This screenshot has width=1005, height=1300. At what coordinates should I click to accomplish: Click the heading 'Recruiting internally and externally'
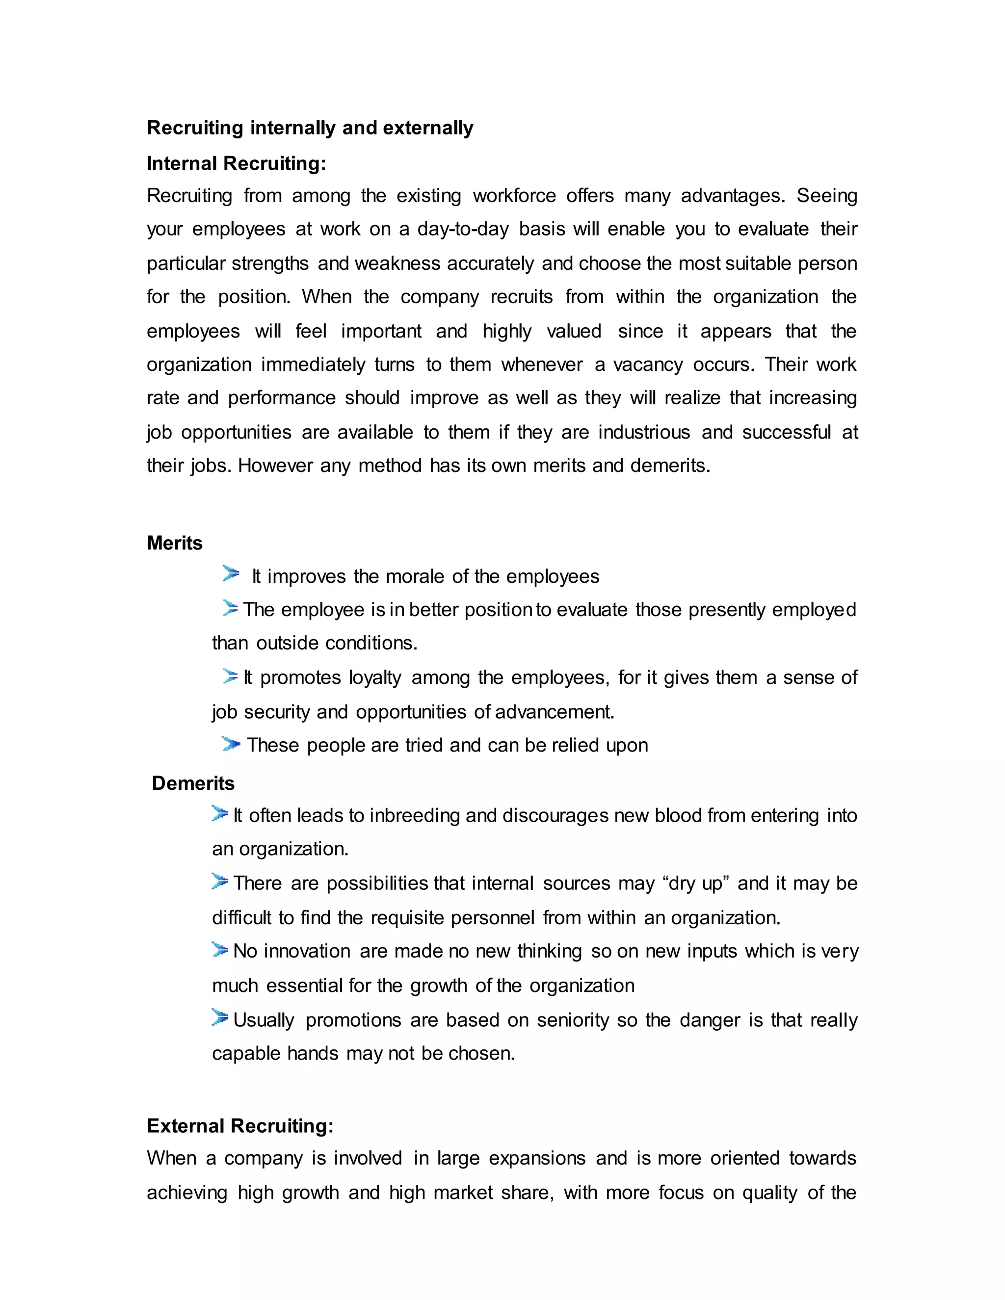pyautogui.click(x=310, y=128)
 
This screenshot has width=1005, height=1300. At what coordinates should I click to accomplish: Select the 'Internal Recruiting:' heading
pyautogui.click(x=237, y=163)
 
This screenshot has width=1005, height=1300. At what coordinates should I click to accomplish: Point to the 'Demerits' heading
pyautogui.click(x=193, y=783)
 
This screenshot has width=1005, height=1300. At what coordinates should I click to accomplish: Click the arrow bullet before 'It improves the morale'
pyautogui.click(x=231, y=574)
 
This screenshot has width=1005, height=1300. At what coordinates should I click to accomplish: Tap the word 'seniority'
pyautogui.click(x=573, y=1020)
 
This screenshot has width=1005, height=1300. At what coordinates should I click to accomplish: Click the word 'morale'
pyautogui.click(x=414, y=576)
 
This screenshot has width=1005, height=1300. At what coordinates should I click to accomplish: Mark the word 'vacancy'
pyautogui.click(x=648, y=364)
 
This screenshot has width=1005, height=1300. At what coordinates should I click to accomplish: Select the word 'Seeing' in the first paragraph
pyautogui.click(x=827, y=195)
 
